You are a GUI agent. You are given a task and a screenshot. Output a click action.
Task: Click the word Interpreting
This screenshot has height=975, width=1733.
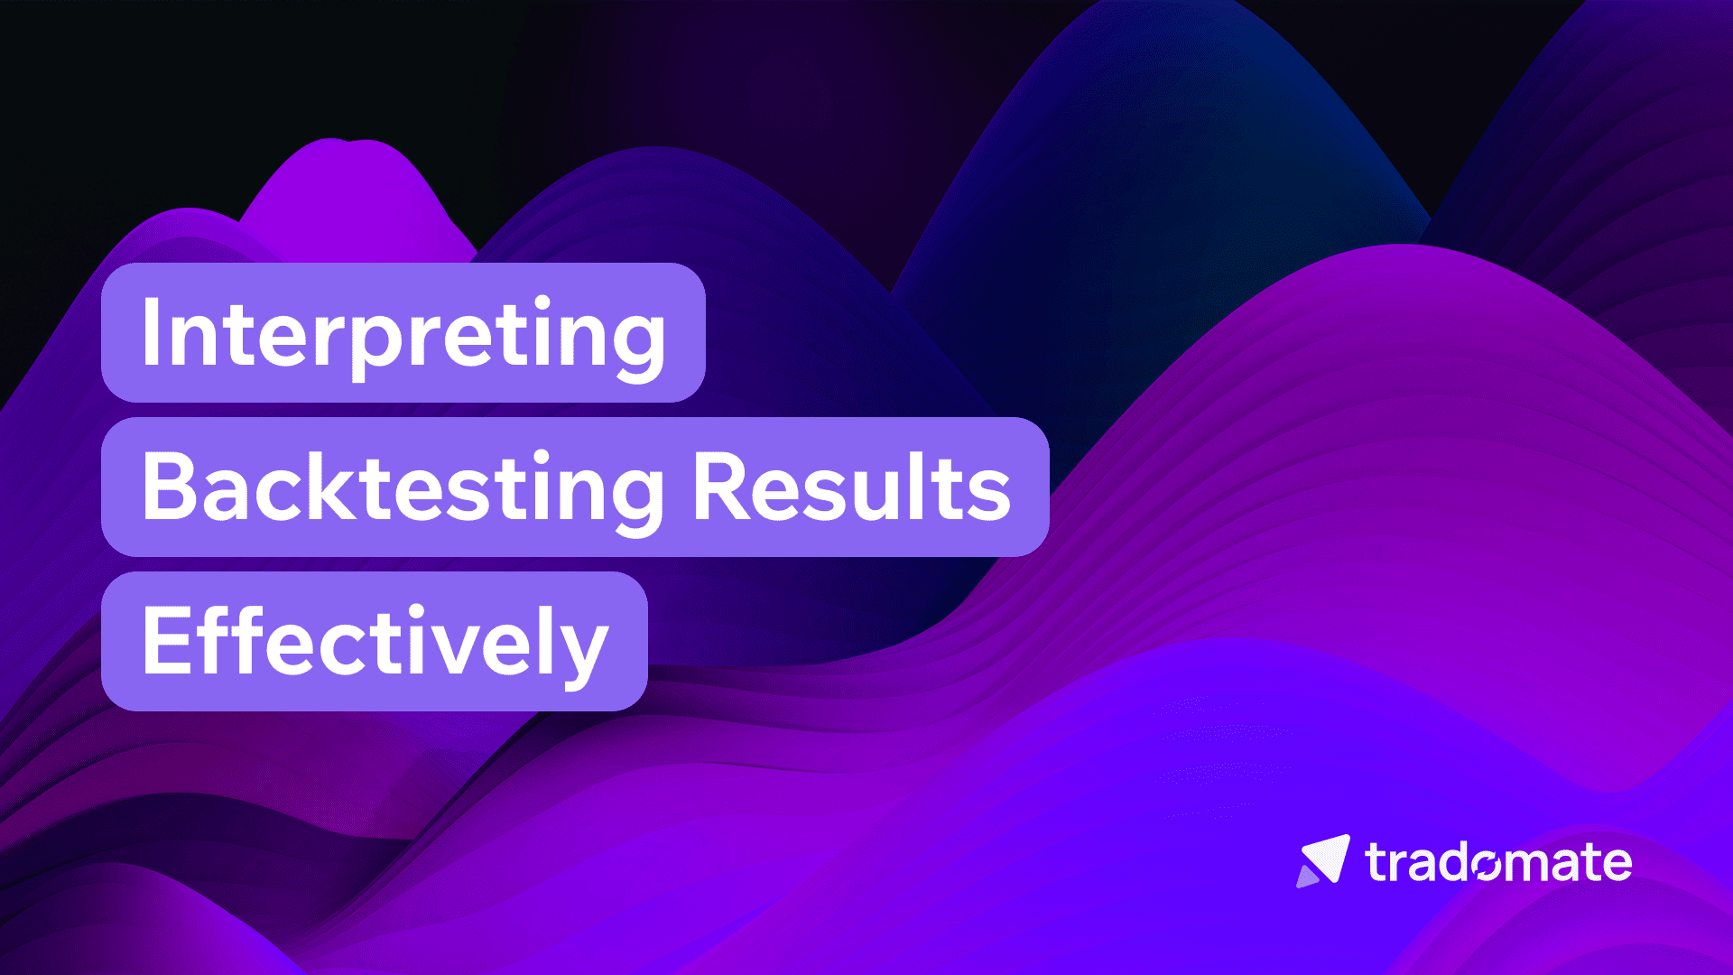point(403,334)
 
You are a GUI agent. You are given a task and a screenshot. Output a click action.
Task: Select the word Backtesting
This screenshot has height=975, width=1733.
point(403,488)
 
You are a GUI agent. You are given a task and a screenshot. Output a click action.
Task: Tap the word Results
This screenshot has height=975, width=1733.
point(851,488)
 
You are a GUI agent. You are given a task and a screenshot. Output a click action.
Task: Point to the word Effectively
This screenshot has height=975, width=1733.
point(375,643)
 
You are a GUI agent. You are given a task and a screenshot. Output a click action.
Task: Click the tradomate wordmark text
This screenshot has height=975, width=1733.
point(1498,863)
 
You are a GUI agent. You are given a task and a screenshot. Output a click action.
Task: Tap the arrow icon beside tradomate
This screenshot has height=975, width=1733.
point(1323,860)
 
